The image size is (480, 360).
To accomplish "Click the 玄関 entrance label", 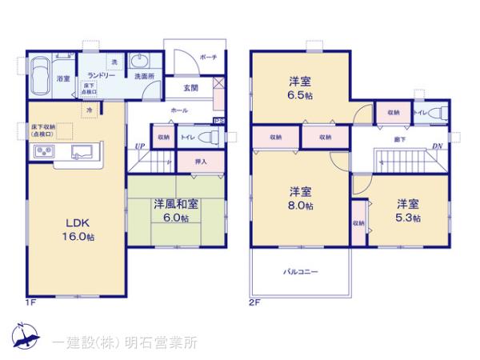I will tap(190, 86).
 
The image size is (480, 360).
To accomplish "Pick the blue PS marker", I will tap(218, 121).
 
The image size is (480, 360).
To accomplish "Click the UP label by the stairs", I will tap(139, 147).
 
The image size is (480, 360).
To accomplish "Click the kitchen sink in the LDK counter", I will tap(81, 151).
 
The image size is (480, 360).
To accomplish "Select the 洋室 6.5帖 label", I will tap(301, 87).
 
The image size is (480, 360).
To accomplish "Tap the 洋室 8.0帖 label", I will tap(301, 198).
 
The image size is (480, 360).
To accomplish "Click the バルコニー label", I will tap(301, 272).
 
